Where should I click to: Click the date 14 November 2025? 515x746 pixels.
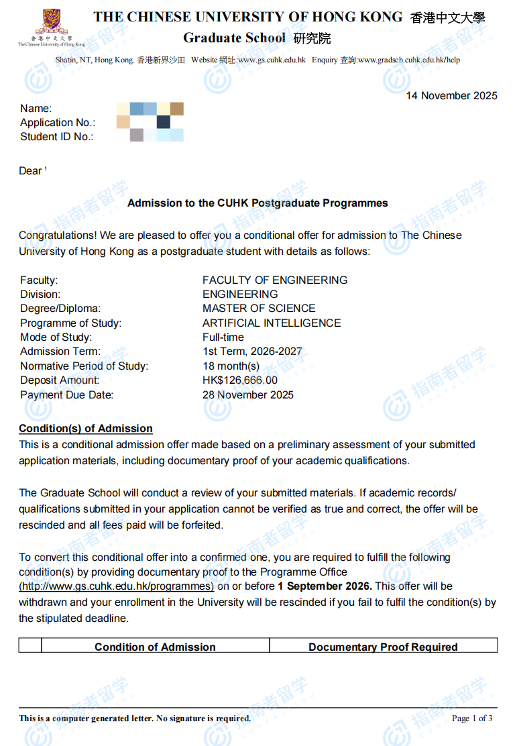pyautogui.click(x=451, y=95)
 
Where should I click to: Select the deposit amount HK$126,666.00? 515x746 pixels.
pyautogui.click(x=239, y=380)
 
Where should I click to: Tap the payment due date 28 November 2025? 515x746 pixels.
pyautogui.click(x=247, y=394)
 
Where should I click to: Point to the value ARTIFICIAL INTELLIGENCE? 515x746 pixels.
pyautogui.click(x=272, y=323)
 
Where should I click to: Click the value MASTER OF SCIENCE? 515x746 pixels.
pyautogui.click(x=259, y=309)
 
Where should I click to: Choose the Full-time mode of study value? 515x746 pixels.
pyautogui.click(x=223, y=337)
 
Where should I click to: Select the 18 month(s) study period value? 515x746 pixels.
pyautogui.click(x=231, y=366)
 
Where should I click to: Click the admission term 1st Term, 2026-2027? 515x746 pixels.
pyautogui.click(x=252, y=352)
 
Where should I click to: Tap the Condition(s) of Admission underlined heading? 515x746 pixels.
pyautogui.click(x=86, y=429)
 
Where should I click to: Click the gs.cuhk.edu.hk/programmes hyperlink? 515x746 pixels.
pyautogui.click(x=116, y=586)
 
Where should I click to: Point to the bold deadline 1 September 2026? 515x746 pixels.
pyautogui.click(x=325, y=586)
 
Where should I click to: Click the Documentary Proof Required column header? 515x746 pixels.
pyautogui.click(x=383, y=647)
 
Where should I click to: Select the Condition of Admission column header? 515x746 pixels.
pyautogui.click(x=155, y=647)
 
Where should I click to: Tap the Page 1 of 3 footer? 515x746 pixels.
pyautogui.click(x=472, y=718)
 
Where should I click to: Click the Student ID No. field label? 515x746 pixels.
pyautogui.click(x=56, y=137)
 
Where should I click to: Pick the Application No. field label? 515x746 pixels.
pyautogui.click(x=58, y=123)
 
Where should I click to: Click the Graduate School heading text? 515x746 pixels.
pyautogui.click(x=234, y=38)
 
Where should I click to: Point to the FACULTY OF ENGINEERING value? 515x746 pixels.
pyautogui.click(x=275, y=280)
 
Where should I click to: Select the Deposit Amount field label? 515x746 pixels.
pyautogui.click(x=60, y=380)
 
